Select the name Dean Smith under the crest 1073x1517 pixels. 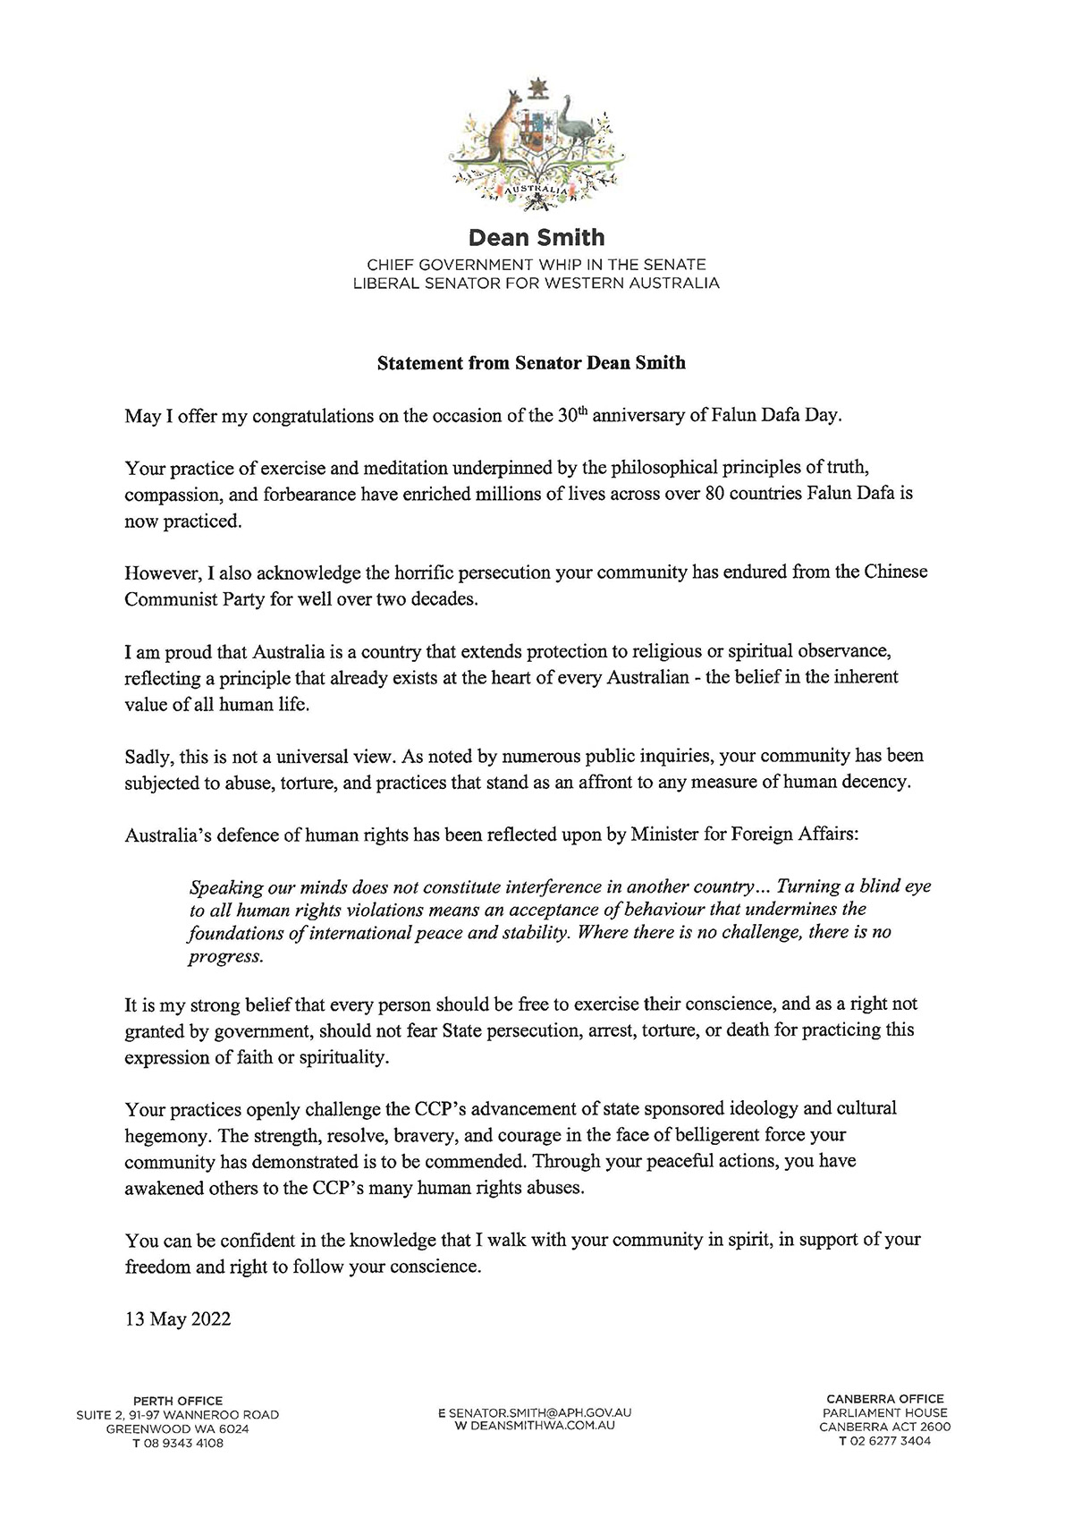(x=536, y=238)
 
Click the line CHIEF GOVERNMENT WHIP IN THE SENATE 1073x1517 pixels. (x=536, y=266)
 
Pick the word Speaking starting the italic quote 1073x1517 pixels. (x=223, y=887)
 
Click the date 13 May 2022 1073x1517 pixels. (x=178, y=1319)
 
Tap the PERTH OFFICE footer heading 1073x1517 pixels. (x=177, y=1401)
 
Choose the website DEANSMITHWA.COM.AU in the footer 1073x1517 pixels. (x=539, y=1425)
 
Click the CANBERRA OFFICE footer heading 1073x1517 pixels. (x=884, y=1399)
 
